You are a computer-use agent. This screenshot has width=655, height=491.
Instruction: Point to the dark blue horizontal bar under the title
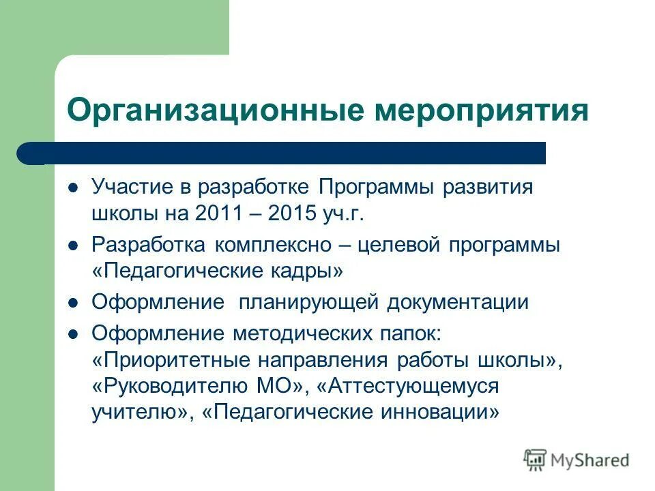(x=281, y=153)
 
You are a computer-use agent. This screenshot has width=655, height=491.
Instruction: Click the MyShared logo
(x=577, y=460)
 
